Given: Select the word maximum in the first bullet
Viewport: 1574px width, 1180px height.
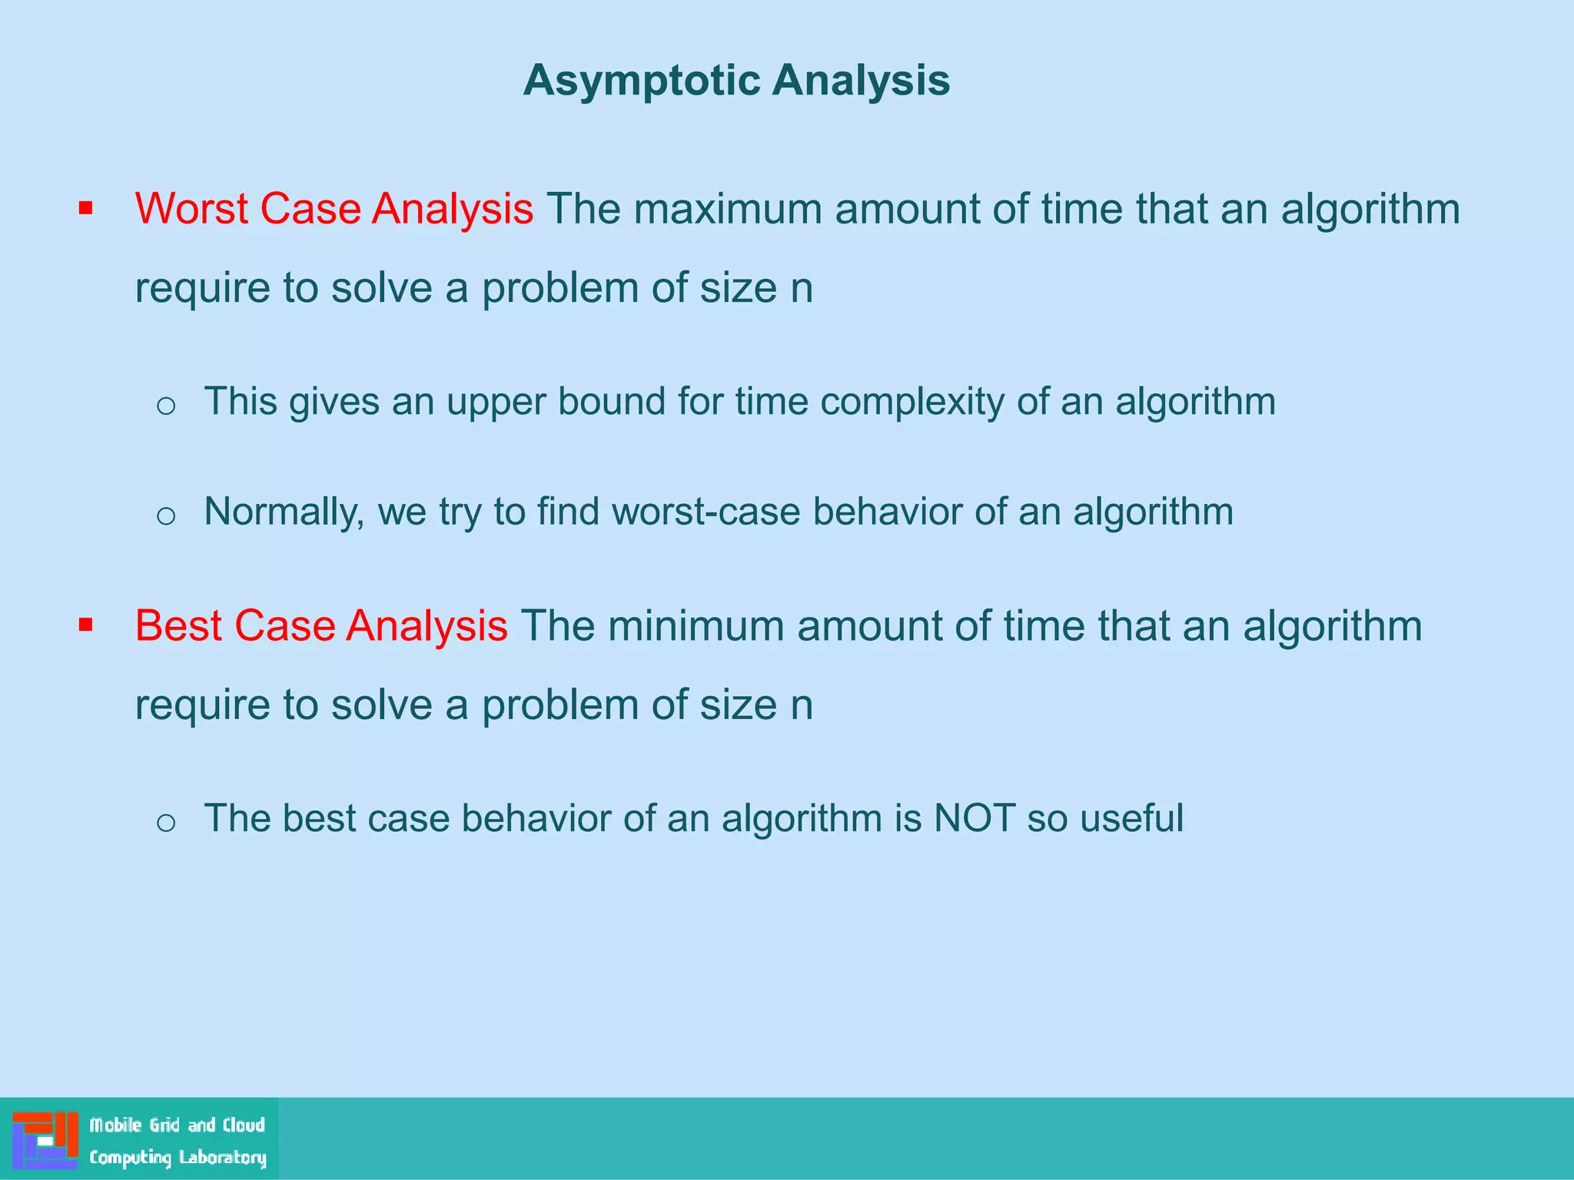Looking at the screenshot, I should [x=727, y=209].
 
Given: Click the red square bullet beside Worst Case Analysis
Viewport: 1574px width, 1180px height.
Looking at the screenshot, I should [x=85, y=209].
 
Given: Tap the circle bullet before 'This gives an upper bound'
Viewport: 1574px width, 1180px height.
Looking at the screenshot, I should [x=166, y=405].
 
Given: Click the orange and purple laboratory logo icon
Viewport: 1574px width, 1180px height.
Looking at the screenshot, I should [x=45, y=1139].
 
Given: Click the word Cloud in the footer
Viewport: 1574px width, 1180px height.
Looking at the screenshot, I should [x=244, y=1125].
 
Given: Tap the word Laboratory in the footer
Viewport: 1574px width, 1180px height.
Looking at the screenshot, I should [x=222, y=1158].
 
